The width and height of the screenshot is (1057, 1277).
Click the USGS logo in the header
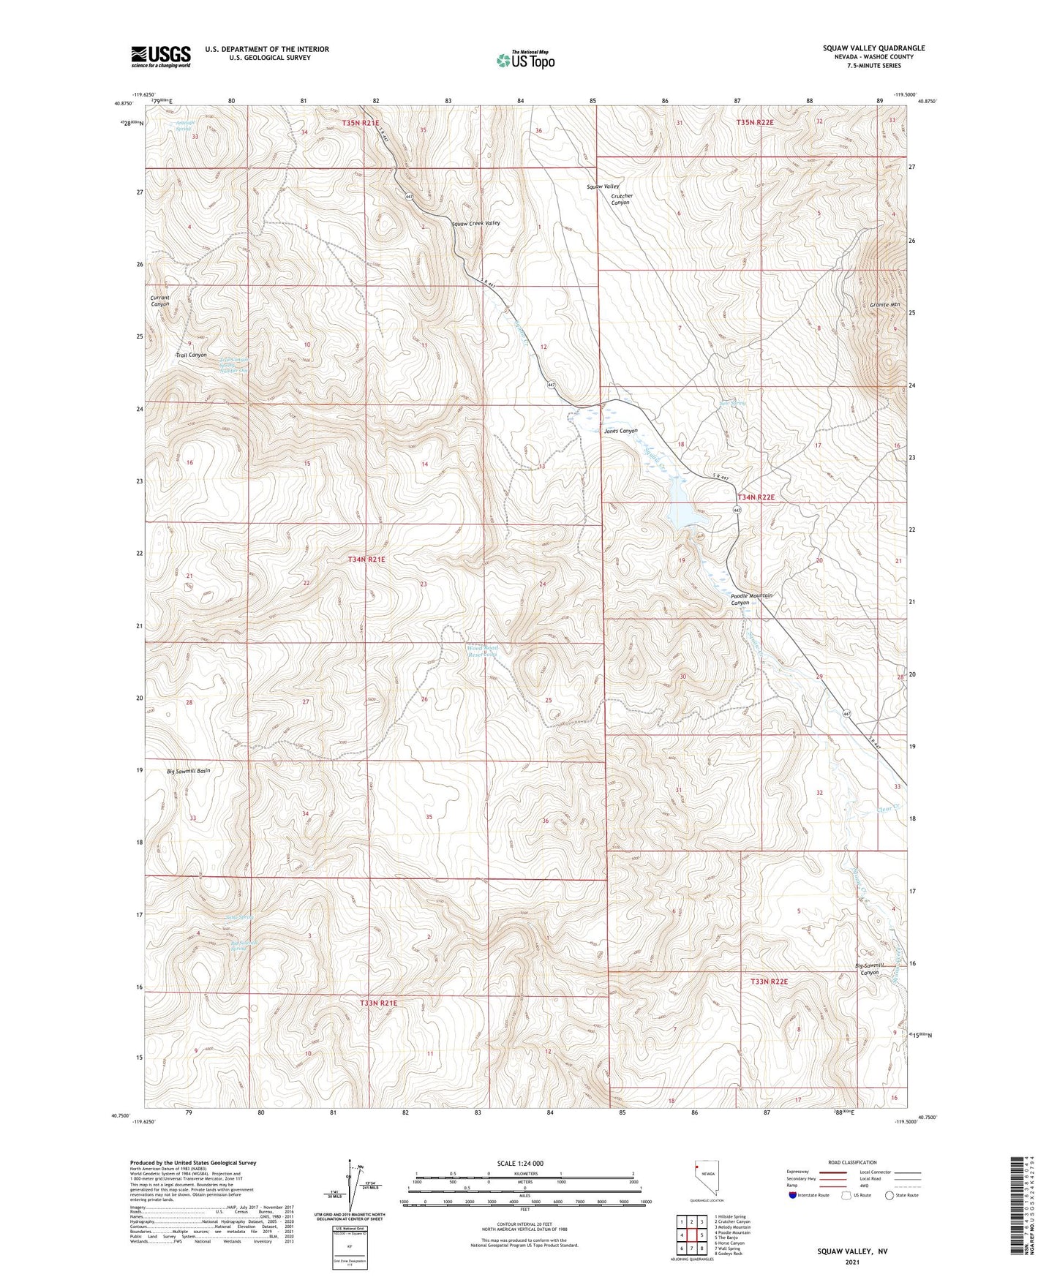161,56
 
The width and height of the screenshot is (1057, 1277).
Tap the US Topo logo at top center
524,60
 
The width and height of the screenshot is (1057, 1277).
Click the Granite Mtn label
884,304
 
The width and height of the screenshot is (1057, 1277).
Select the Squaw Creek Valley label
475,223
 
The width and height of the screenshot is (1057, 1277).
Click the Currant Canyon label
159,301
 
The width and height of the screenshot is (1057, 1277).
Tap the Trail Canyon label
191,355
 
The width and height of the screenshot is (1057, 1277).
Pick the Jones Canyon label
620,431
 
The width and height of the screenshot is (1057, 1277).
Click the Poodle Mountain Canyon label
751,599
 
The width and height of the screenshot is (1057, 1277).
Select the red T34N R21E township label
366,559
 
